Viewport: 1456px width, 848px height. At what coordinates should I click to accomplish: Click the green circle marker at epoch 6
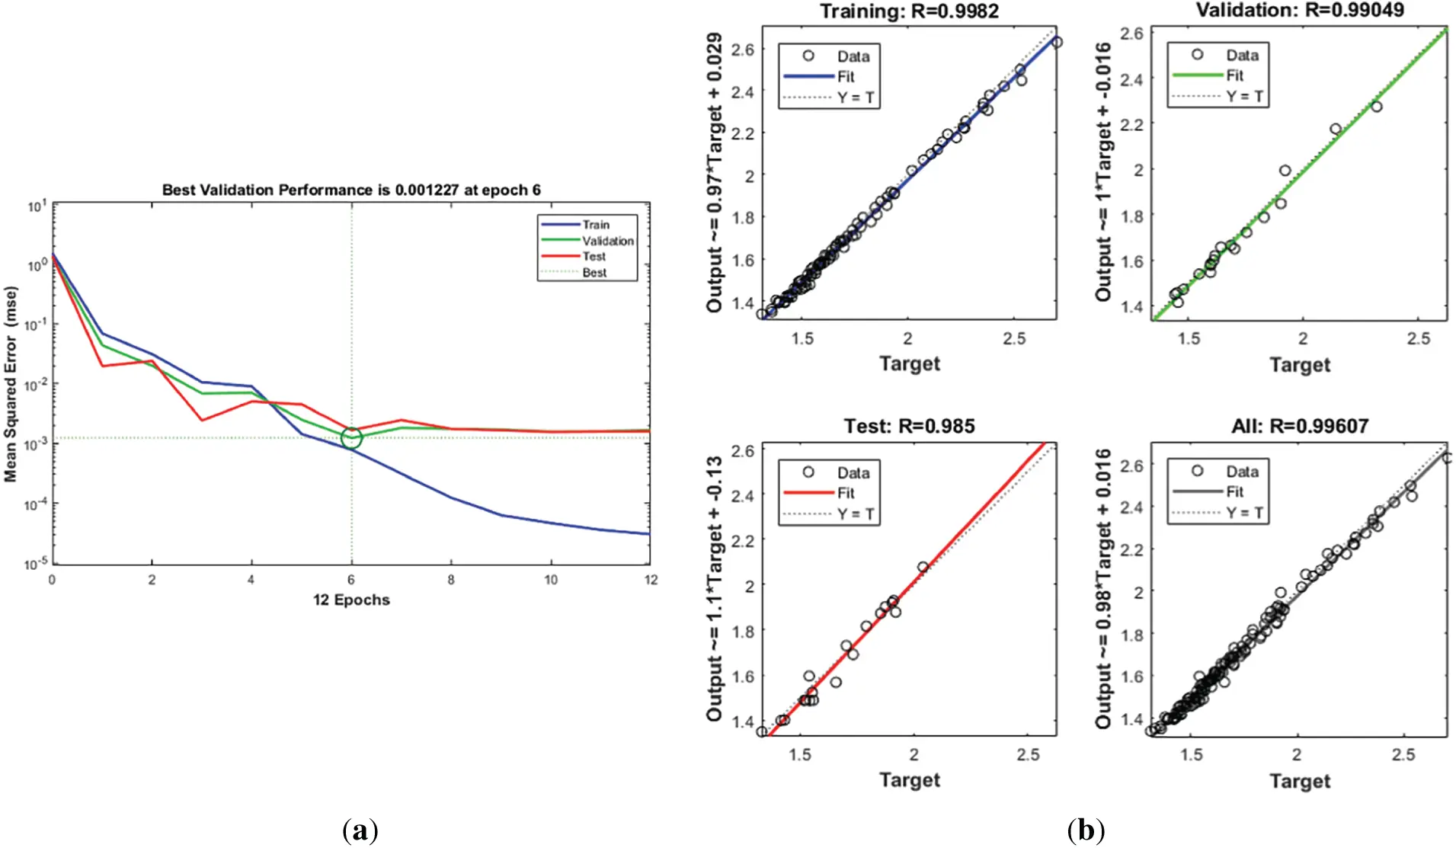(x=351, y=438)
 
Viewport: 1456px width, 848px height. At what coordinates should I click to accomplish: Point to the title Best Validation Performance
(x=351, y=190)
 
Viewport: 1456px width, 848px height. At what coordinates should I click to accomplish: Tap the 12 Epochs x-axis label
(x=351, y=600)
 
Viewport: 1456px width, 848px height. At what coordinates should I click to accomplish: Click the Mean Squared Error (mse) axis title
(x=11, y=384)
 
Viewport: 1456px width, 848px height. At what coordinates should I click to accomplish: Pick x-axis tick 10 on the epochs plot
(x=551, y=580)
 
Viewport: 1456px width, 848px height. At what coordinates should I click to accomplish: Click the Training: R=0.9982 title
(x=909, y=11)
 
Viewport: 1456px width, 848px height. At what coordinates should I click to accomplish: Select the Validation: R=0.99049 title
(x=1300, y=10)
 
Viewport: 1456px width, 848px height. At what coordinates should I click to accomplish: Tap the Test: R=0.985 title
(x=909, y=426)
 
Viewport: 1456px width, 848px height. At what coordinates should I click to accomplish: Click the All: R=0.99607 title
(x=1300, y=426)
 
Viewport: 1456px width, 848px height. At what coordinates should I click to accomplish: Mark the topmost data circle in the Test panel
(x=923, y=567)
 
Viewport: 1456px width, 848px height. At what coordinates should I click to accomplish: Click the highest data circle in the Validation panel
(x=1376, y=107)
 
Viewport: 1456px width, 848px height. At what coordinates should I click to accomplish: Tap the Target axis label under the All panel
(x=1300, y=781)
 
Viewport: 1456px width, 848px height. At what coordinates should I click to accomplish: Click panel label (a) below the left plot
(x=360, y=830)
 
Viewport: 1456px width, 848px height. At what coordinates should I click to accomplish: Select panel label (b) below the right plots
(x=1086, y=830)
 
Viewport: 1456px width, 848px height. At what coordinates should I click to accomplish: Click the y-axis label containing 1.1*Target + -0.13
(x=714, y=588)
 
